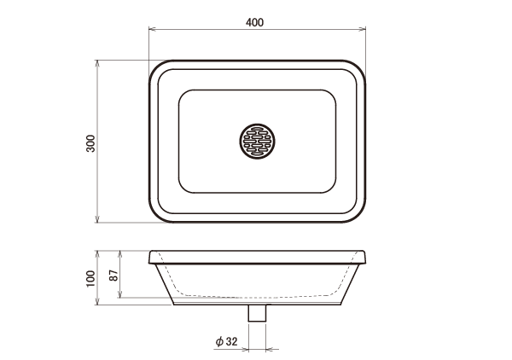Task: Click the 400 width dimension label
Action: click(x=254, y=22)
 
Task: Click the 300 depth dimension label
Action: click(x=90, y=143)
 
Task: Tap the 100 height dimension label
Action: click(x=90, y=278)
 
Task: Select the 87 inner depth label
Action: click(x=113, y=276)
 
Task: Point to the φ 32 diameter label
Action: click(x=227, y=341)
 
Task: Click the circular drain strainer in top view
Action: click(x=257, y=142)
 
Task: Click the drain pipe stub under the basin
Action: click(x=258, y=313)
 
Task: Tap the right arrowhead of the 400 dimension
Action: click(x=362, y=29)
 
